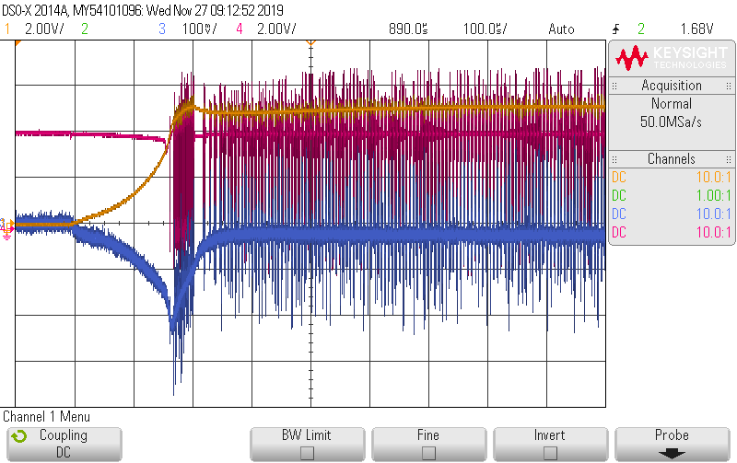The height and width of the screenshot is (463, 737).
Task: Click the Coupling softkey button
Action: click(63, 444)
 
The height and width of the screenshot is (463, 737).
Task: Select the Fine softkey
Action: click(428, 444)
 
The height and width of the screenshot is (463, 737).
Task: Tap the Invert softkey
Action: click(550, 444)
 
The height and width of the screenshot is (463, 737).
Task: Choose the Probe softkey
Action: click(672, 444)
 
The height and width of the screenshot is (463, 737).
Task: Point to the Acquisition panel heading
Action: click(672, 86)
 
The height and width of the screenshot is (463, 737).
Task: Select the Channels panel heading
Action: click(672, 159)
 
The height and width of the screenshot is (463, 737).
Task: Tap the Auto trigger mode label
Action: click(561, 29)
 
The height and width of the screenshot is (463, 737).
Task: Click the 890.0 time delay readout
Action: click(408, 29)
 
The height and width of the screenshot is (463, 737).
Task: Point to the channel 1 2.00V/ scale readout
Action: click(42, 29)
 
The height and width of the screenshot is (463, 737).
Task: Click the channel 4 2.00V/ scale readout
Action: click(275, 29)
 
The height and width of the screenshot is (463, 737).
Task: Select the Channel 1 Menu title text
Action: click(46, 417)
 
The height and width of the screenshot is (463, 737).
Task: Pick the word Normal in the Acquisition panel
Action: click(672, 104)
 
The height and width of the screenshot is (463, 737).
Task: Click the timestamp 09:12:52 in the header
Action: click(215, 10)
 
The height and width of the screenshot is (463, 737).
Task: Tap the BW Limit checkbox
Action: click(307, 452)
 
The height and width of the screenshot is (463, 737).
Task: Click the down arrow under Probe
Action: click(672, 453)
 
